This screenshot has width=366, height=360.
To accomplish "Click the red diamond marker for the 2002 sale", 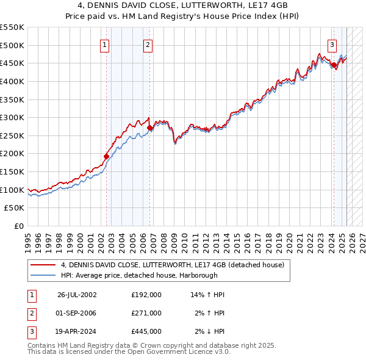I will point(106,156).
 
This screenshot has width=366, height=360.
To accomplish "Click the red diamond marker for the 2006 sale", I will point(150,128).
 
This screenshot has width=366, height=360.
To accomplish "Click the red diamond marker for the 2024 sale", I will point(334,65).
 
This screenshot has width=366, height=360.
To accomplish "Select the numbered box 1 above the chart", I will point(105,45).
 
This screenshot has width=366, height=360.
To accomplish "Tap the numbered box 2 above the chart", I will point(148,45).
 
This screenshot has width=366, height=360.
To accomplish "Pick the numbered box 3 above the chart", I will point(332,45).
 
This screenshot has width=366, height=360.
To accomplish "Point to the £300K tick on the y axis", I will point(12,117).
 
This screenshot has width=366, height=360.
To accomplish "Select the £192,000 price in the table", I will point(146,295).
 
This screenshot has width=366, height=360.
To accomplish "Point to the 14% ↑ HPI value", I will point(208,295).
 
